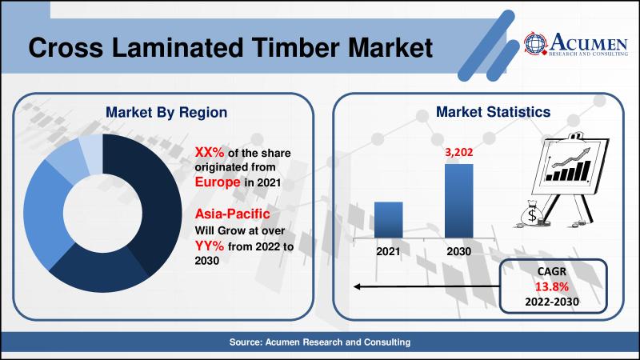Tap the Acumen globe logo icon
[x=535, y=43]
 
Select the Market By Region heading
[x=166, y=112]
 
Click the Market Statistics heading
[x=493, y=112]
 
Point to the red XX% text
[x=210, y=152]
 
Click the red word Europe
[x=218, y=182]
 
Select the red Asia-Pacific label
[x=232, y=214]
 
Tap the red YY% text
[x=210, y=246]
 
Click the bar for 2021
[x=389, y=219]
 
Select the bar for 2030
[x=458, y=201]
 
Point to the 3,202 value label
[x=458, y=152]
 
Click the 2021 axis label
[x=388, y=251]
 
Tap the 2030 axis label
[x=458, y=251]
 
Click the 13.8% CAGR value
[x=552, y=287]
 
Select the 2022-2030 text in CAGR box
[x=552, y=302]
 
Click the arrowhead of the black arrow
[x=356, y=287]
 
